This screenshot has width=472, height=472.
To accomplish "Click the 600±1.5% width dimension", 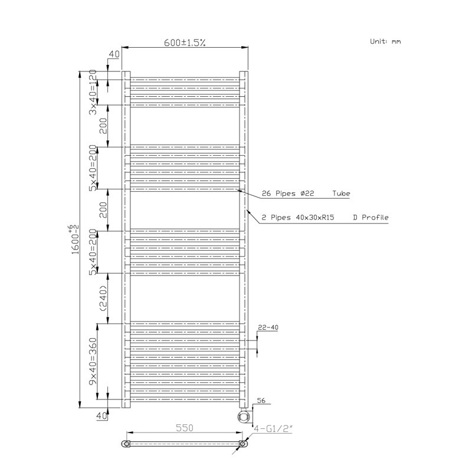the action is [185, 42].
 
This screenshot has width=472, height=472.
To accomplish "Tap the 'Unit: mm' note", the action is [385, 41].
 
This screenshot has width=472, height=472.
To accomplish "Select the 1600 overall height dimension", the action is [75, 240].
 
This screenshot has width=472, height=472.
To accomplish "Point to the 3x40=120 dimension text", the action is [93, 92].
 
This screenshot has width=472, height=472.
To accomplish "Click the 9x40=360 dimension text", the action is [93, 361].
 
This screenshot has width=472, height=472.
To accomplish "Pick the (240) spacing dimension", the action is [103, 299].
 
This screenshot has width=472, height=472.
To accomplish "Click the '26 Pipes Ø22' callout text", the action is [288, 194].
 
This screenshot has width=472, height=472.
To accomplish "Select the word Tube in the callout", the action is [341, 194].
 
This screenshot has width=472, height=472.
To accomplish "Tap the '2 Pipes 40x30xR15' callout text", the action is [298, 217].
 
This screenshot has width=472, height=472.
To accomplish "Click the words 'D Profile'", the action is [371, 217].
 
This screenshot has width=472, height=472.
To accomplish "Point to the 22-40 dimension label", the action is [268, 327].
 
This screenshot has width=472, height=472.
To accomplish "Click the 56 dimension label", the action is [261, 401].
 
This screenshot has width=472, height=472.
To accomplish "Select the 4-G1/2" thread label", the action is [273, 428].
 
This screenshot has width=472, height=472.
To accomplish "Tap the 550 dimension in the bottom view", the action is [184, 428].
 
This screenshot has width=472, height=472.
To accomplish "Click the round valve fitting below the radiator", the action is [244, 416].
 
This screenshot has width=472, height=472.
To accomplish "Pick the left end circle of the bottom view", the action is [127, 444].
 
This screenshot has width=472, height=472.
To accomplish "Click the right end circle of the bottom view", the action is [242, 444].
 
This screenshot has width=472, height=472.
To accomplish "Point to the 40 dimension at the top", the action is [114, 54].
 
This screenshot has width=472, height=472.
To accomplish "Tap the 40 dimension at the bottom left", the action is [101, 416].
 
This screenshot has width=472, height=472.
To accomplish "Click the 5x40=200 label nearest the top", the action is [93, 168].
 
